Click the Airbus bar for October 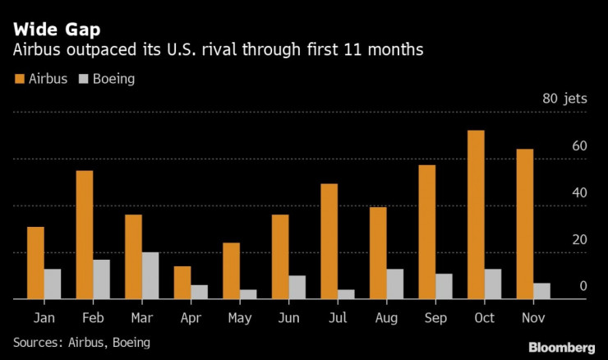coord(476,215)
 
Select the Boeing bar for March coord(150,276)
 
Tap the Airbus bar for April coord(182,283)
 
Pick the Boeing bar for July coord(345,294)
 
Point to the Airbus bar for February coord(85,235)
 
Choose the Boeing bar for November coord(541,291)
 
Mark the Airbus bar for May coord(231,271)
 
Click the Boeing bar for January coord(52,284)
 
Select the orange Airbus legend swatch coord(19,80)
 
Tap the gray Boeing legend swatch coord(84,80)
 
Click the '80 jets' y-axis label coord(564,99)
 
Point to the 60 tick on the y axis coord(579,146)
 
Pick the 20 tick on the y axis coord(579,240)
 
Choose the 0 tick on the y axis coord(583,287)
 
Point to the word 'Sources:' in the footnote coord(39,341)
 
